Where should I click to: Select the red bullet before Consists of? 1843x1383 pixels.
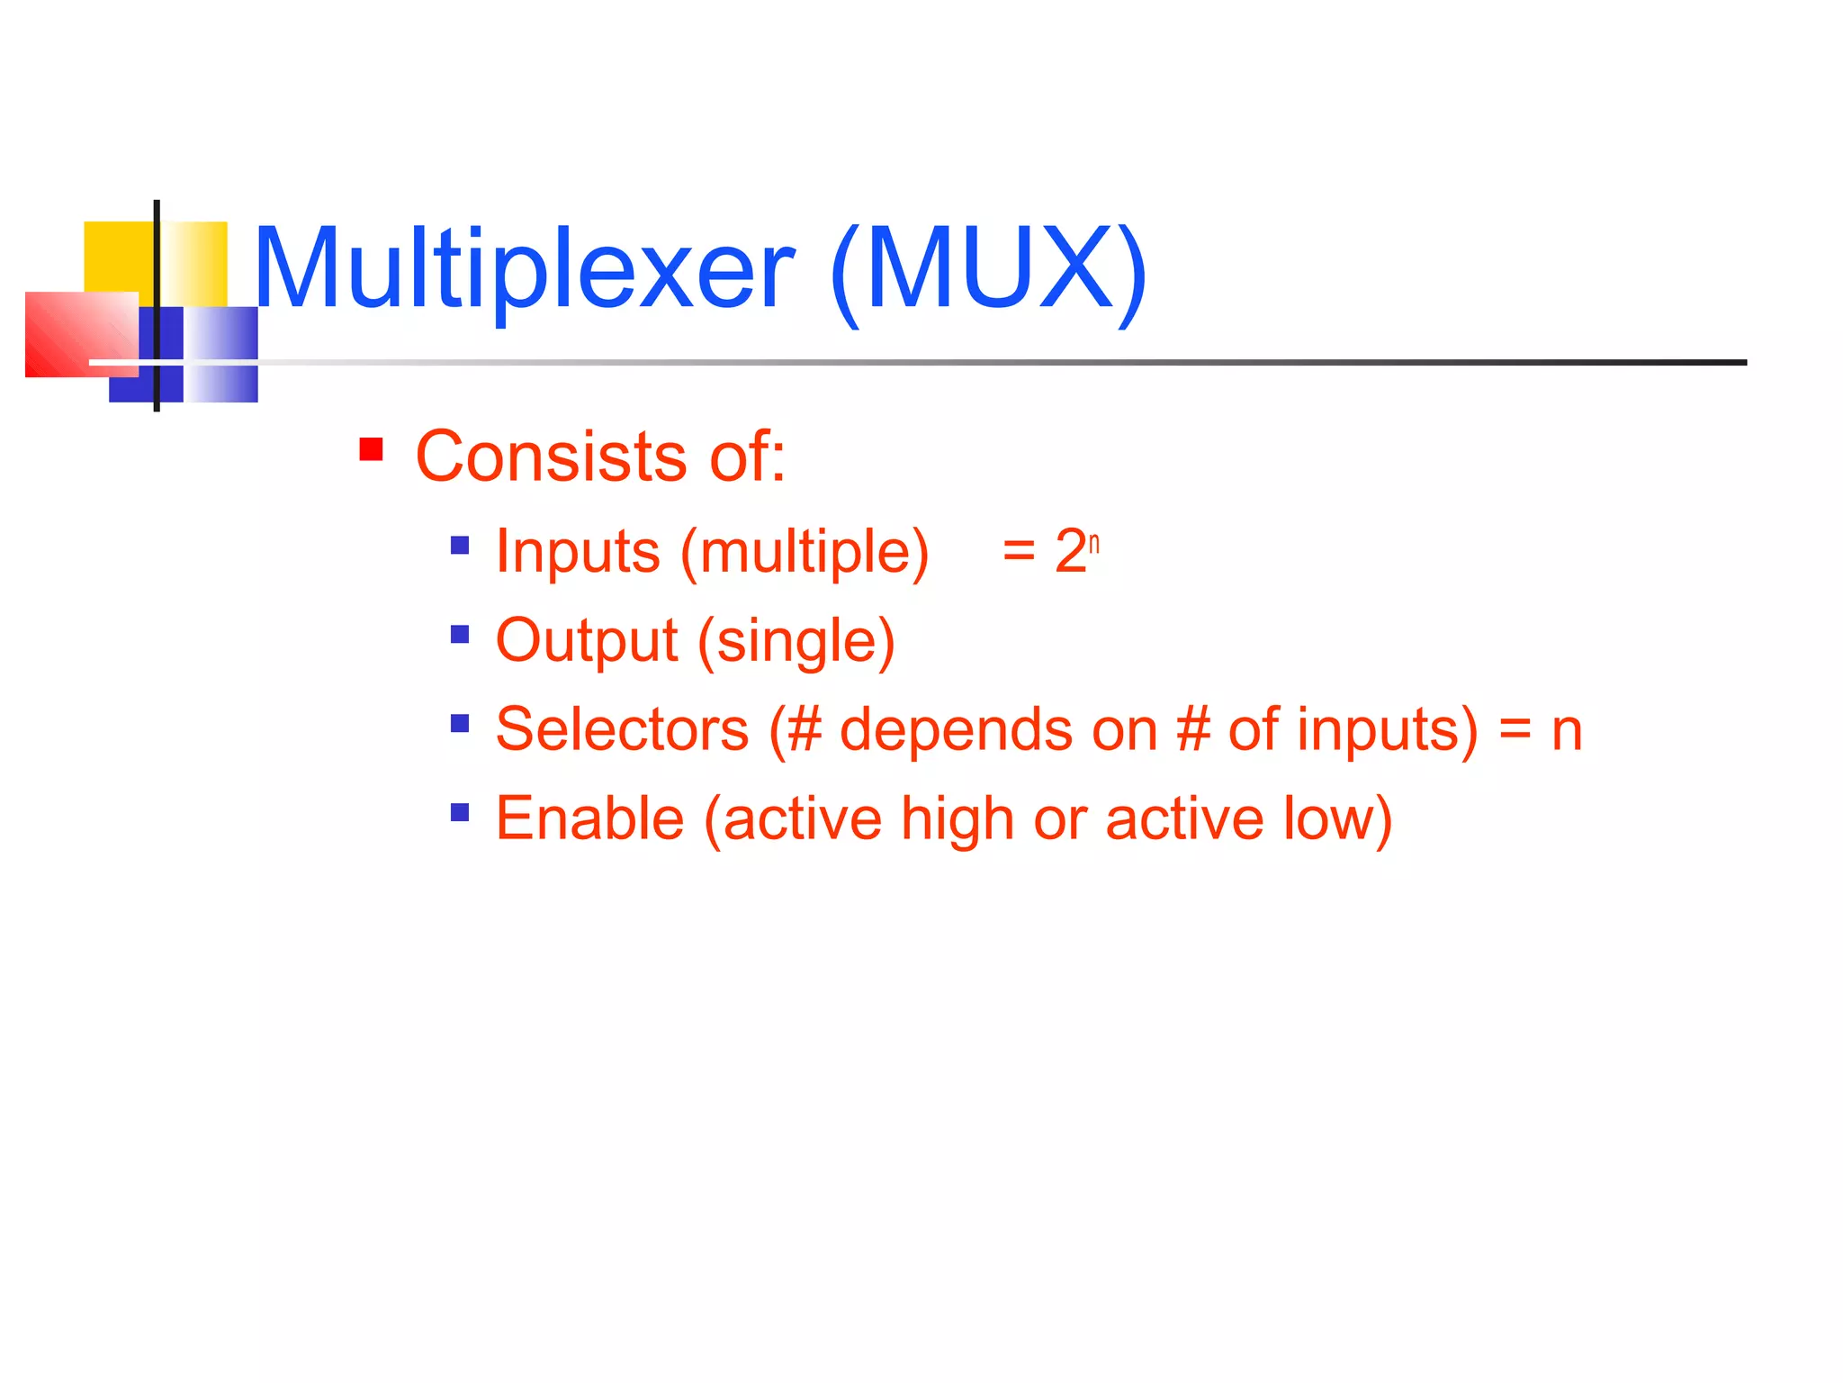point(371,449)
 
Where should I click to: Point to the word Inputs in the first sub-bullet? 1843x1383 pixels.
point(578,551)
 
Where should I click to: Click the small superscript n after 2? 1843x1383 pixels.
point(1094,543)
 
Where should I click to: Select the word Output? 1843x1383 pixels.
point(587,640)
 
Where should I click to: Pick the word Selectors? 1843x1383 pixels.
point(622,729)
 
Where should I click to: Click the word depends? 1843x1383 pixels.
point(956,729)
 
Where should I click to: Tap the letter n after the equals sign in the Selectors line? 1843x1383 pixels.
point(1567,731)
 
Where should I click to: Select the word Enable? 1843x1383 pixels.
point(589,818)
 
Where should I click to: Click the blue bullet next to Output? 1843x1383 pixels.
point(460,635)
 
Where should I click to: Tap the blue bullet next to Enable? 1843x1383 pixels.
point(460,813)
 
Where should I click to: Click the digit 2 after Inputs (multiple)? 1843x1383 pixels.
point(1070,551)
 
